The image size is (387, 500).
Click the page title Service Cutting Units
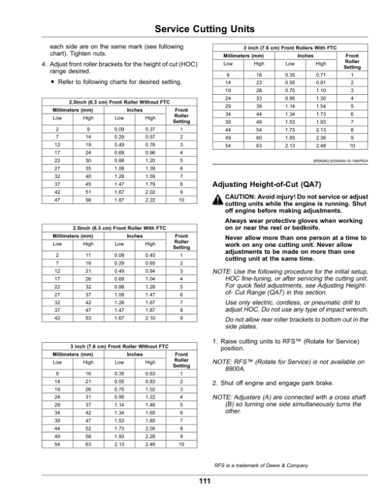click(193, 29)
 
